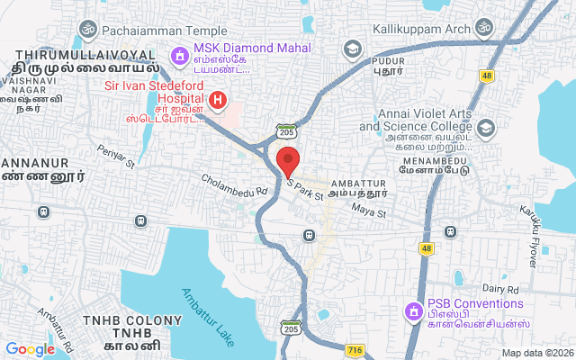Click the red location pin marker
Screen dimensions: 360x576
[x=288, y=164]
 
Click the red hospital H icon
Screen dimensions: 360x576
[x=217, y=99]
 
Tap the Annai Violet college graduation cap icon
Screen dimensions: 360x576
[x=487, y=127]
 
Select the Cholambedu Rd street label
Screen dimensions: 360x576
[x=235, y=184]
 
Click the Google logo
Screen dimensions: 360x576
[x=31, y=349]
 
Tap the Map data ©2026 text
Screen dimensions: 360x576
[x=535, y=353]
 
